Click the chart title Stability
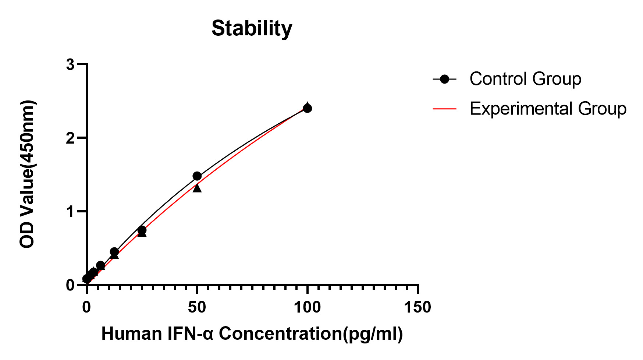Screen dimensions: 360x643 [x=252, y=28]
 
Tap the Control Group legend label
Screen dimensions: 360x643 [x=525, y=79]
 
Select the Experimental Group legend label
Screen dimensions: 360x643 [x=548, y=109]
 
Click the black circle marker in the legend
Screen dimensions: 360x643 [x=444, y=79]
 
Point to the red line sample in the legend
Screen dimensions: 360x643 [x=444, y=109]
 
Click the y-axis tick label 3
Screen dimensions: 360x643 [x=70, y=65]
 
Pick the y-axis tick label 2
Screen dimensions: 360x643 [x=70, y=138]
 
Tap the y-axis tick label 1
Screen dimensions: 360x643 [x=70, y=212]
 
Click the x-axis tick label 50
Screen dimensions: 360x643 [x=197, y=307]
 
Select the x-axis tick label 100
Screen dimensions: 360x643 [x=307, y=307]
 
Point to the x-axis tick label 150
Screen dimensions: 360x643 [x=418, y=307]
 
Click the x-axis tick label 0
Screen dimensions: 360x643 [x=86, y=307]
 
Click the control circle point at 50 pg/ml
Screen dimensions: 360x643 [x=197, y=176]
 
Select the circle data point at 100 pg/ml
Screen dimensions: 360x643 [x=307, y=108]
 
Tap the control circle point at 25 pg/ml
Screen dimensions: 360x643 [x=142, y=230]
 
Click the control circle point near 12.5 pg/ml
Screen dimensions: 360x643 [x=114, y=252]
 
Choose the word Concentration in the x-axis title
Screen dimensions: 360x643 [x=280, y=334]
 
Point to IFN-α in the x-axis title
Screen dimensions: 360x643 [x=191, y=334]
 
